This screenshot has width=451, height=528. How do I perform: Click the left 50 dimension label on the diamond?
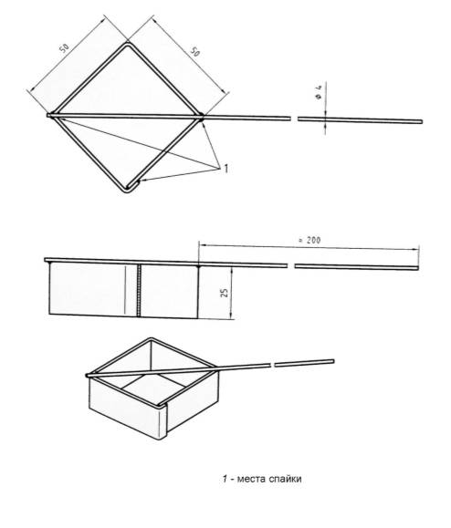tap(63, 47)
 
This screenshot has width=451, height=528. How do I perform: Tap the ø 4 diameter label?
tap(316, 91)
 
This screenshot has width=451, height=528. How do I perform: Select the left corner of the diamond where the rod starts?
tap(49, 115)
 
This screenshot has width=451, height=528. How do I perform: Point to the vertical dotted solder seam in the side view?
tap(139, 290)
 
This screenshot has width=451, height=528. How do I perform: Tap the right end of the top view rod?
tap(422, 119)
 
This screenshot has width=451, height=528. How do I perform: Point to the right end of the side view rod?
tap(421, 266)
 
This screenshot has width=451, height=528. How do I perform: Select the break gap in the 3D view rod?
tap(273, 363)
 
